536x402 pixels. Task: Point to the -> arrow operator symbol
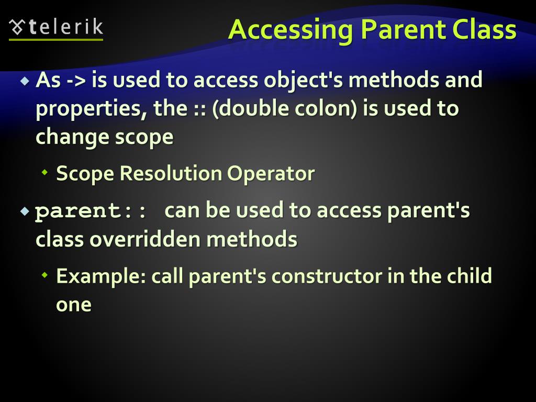[76, 81]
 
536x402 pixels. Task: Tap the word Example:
[101, 276]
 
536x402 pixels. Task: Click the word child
[470, 276]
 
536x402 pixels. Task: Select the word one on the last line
[73, 304]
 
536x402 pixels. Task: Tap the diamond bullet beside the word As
[24, 81]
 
